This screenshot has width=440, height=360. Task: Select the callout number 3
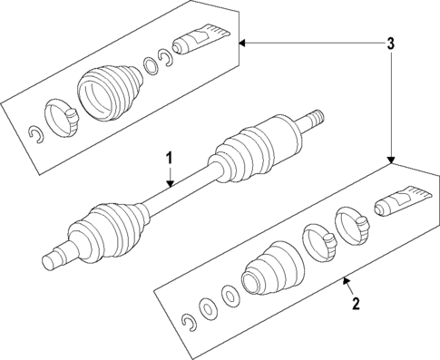[390, 43]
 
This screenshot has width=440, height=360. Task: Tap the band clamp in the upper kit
[61, 118]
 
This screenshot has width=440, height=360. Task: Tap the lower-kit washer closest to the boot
[230, 296]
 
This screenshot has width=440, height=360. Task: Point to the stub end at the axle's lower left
[54, 261]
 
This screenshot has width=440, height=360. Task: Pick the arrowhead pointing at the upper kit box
[242, 42]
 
